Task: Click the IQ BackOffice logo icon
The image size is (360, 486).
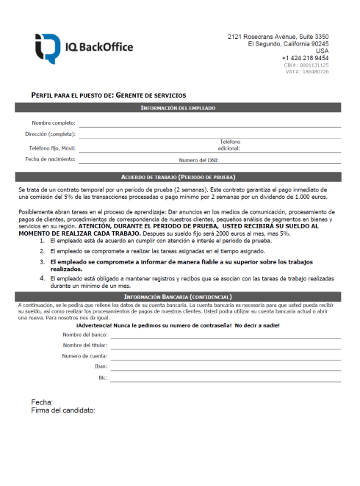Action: [46, 48]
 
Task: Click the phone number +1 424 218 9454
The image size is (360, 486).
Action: [305, 58]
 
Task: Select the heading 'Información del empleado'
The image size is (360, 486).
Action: [178, 108]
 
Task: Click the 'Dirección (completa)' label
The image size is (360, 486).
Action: [50, 134]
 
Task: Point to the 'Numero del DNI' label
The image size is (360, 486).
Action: [198, 159]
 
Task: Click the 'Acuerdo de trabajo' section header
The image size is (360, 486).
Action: [178, 177]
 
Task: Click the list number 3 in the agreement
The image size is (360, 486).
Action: [42, 261]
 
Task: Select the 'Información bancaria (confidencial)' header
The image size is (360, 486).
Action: [178, 296]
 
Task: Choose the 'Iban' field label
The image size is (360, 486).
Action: [101, 366]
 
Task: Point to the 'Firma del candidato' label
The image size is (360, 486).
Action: [64, 410]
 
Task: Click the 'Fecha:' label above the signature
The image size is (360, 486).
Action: [42, 402]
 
